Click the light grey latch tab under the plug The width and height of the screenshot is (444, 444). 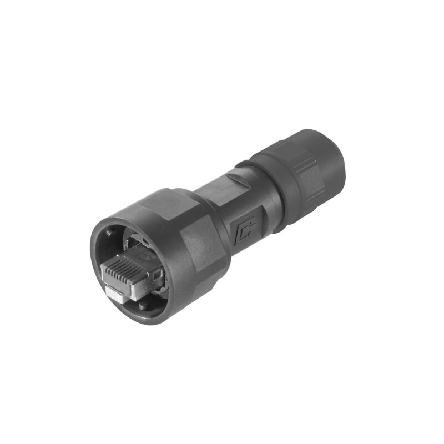115,295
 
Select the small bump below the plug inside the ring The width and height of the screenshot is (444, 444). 145,304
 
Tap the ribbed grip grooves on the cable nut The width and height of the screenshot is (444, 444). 300,167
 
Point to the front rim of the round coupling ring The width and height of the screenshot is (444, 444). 97,261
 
